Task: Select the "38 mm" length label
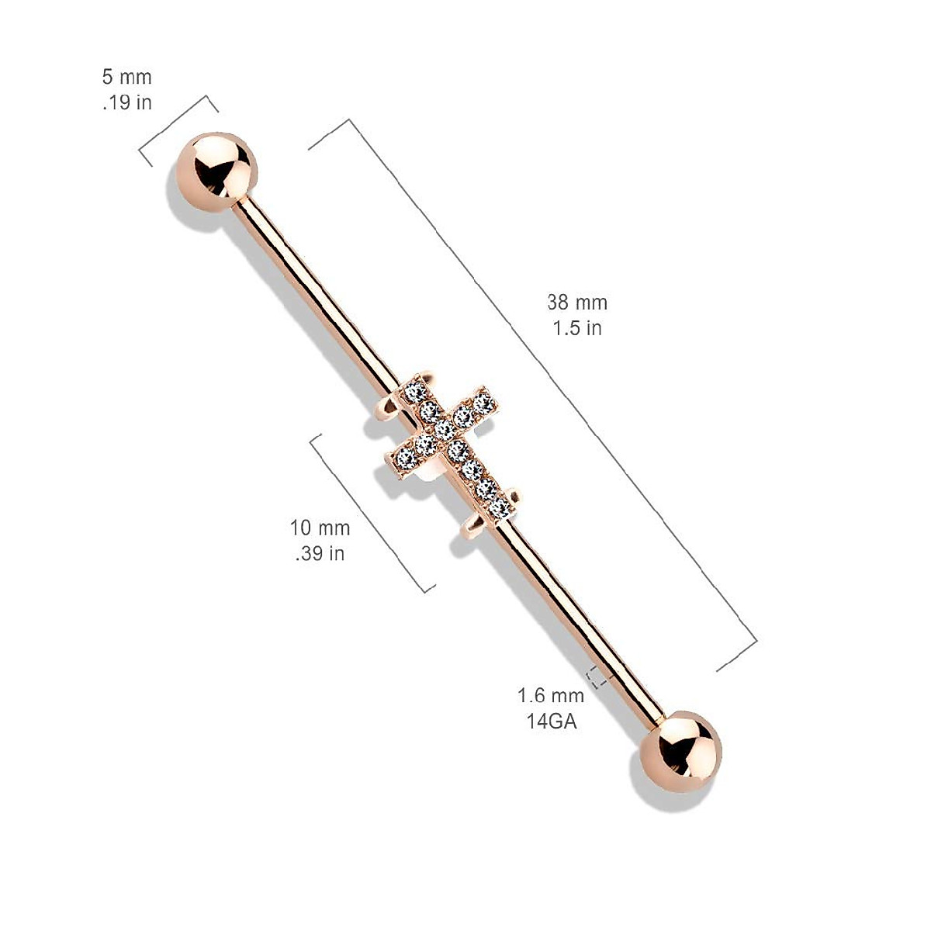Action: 576,303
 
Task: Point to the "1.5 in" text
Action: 576,327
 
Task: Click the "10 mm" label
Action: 320,528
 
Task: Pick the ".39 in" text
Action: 320,553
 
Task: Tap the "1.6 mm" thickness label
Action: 550,695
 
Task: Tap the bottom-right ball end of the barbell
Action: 681,753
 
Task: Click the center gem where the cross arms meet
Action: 445,428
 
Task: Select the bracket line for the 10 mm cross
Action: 371,512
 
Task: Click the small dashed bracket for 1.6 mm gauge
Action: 596,677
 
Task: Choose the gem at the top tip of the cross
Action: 417,390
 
